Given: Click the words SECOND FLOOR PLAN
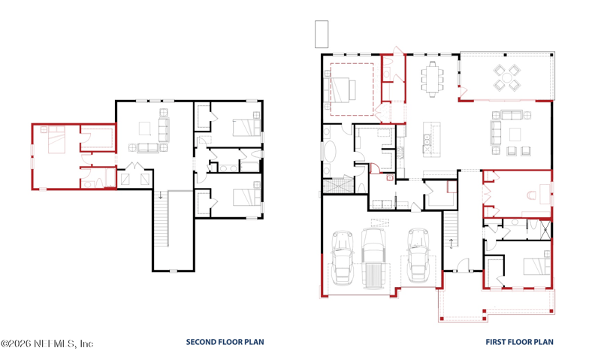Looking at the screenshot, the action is (x=225, y=342).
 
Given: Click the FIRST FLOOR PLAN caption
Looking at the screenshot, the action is (x=519, y=342).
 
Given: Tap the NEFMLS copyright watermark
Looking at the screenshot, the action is (x=47, y=343).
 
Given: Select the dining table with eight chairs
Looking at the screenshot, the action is (x=433, y=80).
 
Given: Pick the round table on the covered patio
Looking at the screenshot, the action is (x=506, y=78).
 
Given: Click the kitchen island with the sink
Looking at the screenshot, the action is (x=431, y=139).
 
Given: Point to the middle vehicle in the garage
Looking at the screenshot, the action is (x=373, y=259).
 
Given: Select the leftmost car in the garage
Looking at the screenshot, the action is (x=343, y=257).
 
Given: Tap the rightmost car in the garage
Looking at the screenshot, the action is (x=418, y=256).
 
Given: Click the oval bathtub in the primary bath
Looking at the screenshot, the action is (x=329, y=152).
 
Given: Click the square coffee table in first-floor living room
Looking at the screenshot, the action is (x=515, y=135).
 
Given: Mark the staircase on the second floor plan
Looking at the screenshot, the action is (x=161, y=219).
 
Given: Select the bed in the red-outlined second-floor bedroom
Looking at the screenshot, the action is (x=56, y=140).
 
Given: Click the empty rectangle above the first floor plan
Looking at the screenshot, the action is (x=322, y=34).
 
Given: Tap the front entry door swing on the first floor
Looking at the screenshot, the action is (x=464, y=265).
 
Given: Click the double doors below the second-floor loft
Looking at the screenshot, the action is (x=134, y=166).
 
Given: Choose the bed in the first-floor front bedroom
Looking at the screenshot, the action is (x=537, y=267).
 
